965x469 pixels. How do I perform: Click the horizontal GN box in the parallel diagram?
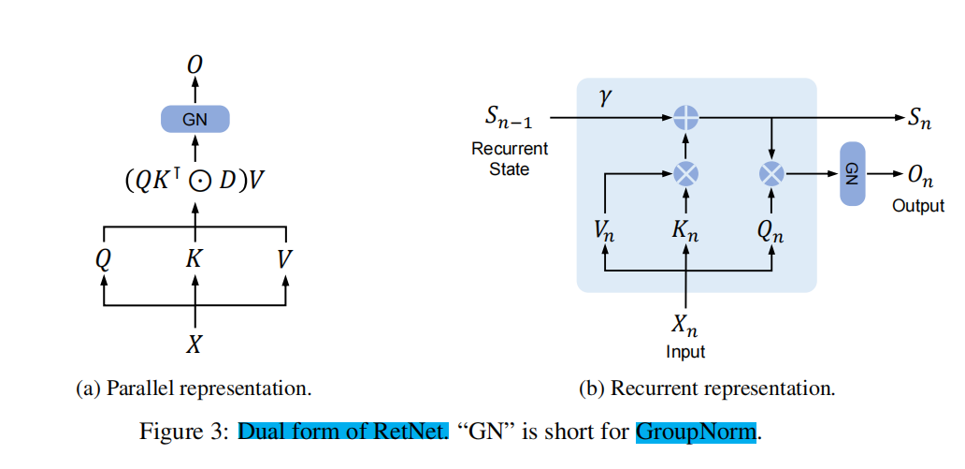click(x=194, y=119)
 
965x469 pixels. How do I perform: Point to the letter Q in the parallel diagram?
click(x=103, y=258)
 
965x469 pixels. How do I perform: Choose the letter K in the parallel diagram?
click(x=194, y=258)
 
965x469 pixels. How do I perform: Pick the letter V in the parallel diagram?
click(x=285, y=258)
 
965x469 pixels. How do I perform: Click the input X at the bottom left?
click(x=194, y=344)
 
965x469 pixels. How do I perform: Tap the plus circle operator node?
click(x=687, y=118)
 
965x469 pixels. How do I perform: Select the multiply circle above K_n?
click(x=687, y=173)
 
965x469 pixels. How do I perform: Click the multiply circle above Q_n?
click(x=771, y=173)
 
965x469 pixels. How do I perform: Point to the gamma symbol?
click(x=606, y=97)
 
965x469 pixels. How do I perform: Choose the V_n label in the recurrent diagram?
click(x=605, y=231)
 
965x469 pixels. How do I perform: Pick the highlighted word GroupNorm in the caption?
click(x=696, y=432)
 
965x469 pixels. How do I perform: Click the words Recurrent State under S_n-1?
click(x=510, y=159)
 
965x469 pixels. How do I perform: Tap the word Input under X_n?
click(x=685, y=352)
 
